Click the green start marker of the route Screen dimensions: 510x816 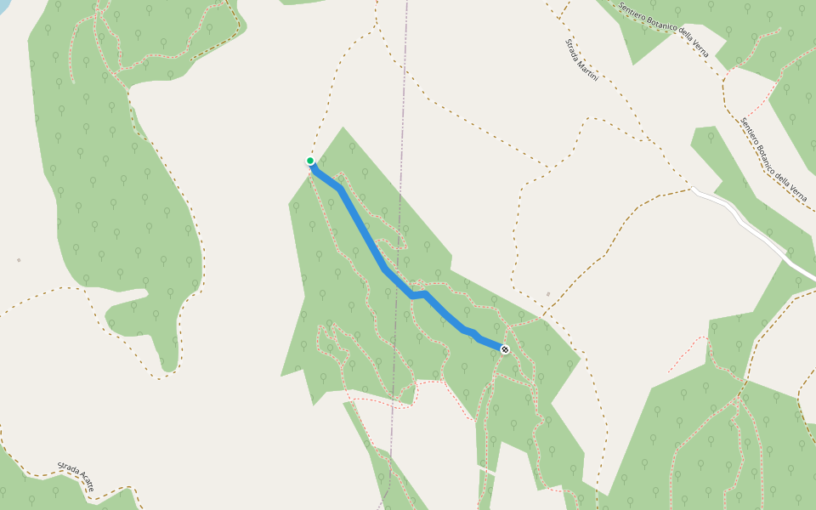click(x=310, y=161)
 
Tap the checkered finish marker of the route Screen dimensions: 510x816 click(x=505, y=349)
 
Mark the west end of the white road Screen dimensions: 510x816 click(x=692, y=190)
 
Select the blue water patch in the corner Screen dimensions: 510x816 click(x=3, y=5)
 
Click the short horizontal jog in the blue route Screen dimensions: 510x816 click(x=418, y=294)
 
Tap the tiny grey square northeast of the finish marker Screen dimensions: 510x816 click(x=548, y=295)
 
